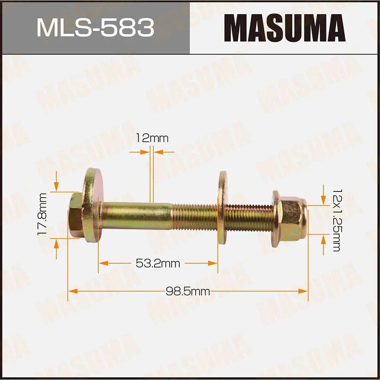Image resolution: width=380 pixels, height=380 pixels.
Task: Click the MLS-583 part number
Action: click(x=95, y=27)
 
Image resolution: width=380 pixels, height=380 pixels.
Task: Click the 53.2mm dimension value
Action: click(x=158, y=263)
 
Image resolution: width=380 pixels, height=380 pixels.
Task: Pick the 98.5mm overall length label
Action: click(x=188, y=292)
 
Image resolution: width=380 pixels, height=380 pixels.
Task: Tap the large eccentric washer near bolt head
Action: click(x=92, y=206)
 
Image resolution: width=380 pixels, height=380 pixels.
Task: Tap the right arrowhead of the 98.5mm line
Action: click(x=303, y=291)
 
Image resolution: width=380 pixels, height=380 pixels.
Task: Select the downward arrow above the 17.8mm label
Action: click(x=56, y=186)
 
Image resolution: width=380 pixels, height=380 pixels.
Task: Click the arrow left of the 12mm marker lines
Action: click(x=145, y=152)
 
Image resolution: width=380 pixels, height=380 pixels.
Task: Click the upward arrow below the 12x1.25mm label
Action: click(x=323, y=239)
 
